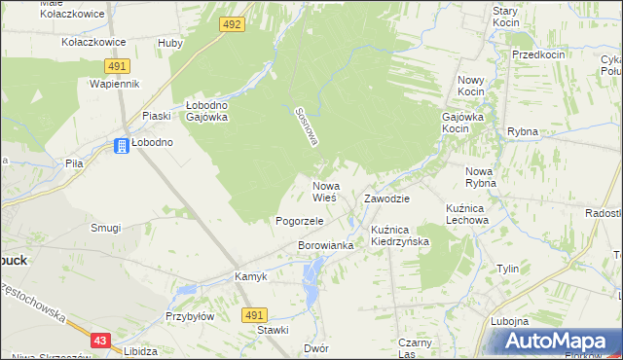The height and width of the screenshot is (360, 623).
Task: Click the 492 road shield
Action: [232, 23]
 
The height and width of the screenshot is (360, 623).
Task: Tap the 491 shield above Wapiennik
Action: [117, 65]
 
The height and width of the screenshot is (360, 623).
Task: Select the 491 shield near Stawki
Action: [254, 315]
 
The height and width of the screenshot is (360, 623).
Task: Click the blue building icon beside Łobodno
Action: [122, 146]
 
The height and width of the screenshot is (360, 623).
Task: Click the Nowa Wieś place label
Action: [324, 191]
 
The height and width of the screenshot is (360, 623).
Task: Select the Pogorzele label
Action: [299, 221]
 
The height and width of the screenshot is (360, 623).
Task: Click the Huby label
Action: [170, 44]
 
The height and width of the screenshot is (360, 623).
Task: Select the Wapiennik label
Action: [115, 85]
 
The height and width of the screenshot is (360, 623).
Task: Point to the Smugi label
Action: [105, 228]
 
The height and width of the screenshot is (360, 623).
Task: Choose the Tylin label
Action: [507, 269]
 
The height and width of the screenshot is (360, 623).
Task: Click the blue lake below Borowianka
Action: [311, 283]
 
